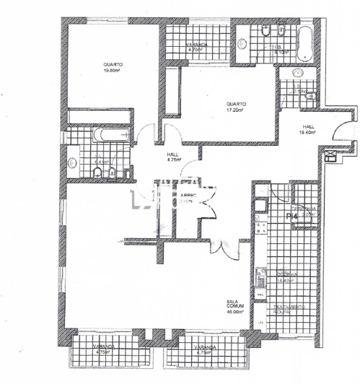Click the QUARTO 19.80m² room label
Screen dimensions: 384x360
111,66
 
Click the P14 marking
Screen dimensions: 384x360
293,215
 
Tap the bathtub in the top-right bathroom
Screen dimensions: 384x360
304,43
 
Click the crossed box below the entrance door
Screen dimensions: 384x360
331,155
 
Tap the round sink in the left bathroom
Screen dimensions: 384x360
73,164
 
